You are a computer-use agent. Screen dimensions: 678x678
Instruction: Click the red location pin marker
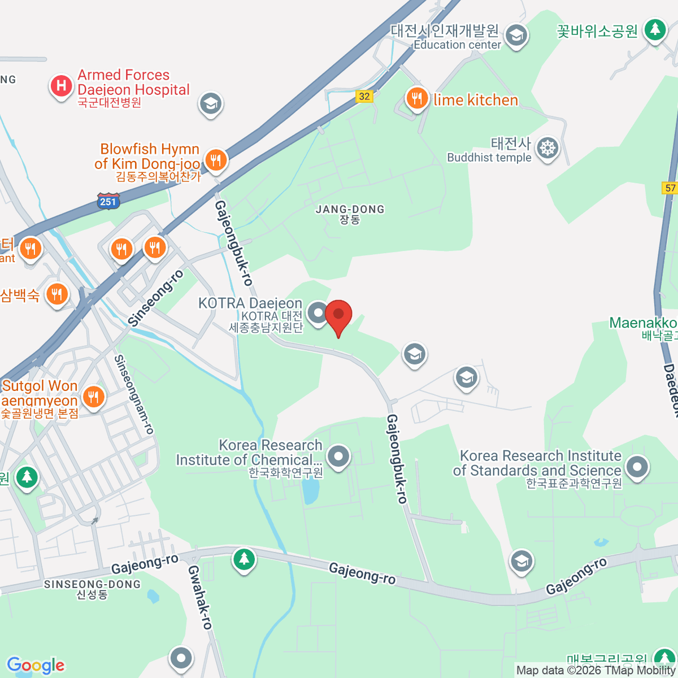click(338, 315)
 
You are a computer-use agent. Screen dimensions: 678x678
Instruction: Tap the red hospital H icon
click(61, 86)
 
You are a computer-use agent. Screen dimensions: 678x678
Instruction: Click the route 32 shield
click(364, 96)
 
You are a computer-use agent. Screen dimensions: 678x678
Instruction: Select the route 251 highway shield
click(108, 201)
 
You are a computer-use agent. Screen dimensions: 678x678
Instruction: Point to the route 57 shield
click(670, 188)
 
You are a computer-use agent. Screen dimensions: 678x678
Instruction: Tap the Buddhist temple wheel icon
click(547, 149)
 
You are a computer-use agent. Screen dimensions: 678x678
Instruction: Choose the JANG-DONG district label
click(350, 214)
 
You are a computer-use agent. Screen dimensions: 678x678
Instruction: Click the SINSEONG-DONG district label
click(92, 589)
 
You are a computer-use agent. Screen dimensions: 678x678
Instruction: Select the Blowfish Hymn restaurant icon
click(215, 160)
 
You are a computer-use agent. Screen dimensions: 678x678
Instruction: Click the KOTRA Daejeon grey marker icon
click(318, 312)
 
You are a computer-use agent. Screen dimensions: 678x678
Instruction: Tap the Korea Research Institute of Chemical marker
click(338, 456)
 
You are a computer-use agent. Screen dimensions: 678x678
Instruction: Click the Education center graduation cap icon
click(515, 36)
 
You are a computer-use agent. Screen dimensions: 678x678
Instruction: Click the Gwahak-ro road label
click(199, 597)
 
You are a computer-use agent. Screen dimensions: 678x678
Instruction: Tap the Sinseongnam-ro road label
click(134, 394)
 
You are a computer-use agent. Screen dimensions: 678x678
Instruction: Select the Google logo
click(36, 666)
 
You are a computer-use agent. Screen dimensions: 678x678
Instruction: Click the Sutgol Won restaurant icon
click(93, 397)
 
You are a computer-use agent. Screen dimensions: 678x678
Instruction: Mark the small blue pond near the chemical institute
click(310, 490)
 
